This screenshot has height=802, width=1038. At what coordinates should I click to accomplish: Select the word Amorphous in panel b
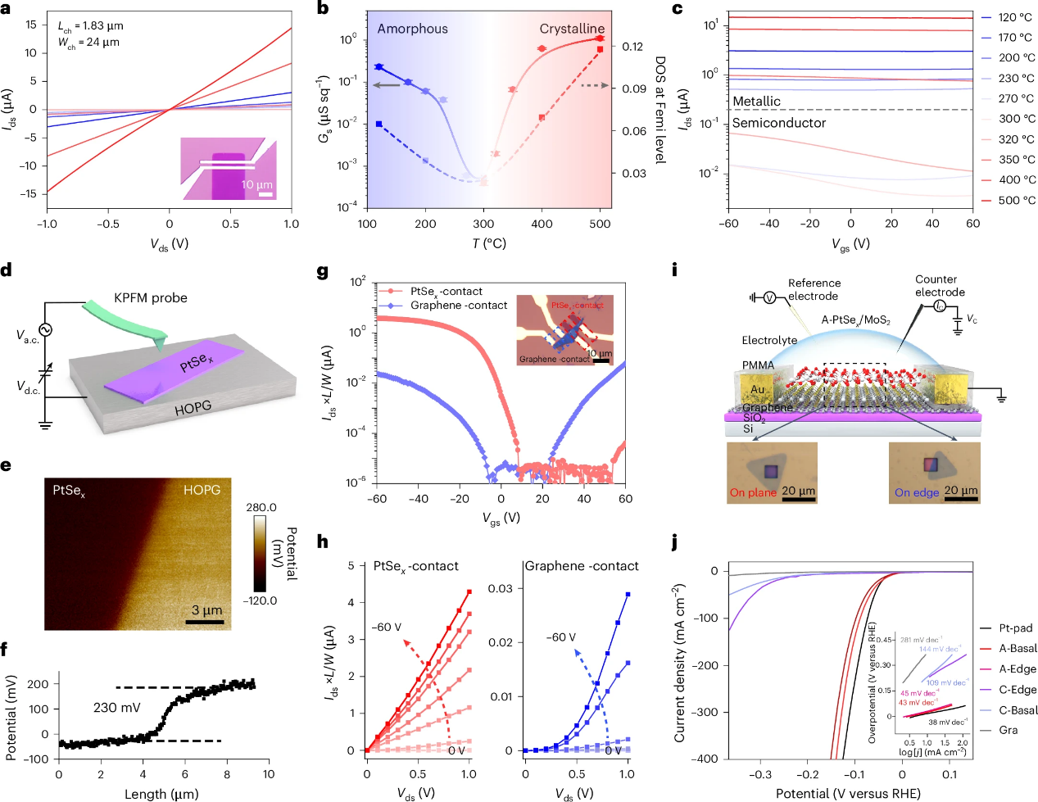(412, 29)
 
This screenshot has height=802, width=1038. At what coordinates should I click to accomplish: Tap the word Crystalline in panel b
(572, 29)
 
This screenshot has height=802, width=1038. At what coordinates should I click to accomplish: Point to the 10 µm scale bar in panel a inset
(265, 194)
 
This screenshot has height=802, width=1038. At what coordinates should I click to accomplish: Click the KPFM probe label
(151, 298)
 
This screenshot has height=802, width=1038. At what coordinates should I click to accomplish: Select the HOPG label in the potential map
(202, 490)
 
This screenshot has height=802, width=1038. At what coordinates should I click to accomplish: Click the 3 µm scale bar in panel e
(205, 622)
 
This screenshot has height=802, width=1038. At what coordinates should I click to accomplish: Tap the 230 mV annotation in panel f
(116, 707)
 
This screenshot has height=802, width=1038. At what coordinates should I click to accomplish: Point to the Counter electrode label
(940, 286)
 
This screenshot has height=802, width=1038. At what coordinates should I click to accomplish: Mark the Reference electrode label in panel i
(814, 289)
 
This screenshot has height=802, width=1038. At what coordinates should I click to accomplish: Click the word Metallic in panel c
(756, 102)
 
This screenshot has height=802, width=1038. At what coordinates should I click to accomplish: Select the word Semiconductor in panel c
(778, 123)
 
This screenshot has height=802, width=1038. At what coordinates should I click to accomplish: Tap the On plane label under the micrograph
(753, 492)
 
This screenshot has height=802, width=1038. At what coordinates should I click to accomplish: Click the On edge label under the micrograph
(916, 492)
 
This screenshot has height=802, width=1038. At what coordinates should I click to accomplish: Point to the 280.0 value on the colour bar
(261, 508)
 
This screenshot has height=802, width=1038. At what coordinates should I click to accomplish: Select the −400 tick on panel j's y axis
(702, 759)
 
